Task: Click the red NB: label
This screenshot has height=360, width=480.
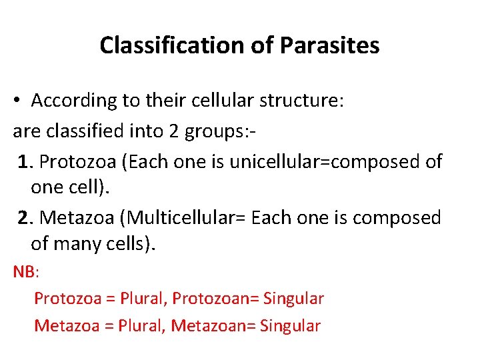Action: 27,272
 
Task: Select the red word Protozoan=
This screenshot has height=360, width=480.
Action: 215,298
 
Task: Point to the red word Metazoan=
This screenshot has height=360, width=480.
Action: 213,326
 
